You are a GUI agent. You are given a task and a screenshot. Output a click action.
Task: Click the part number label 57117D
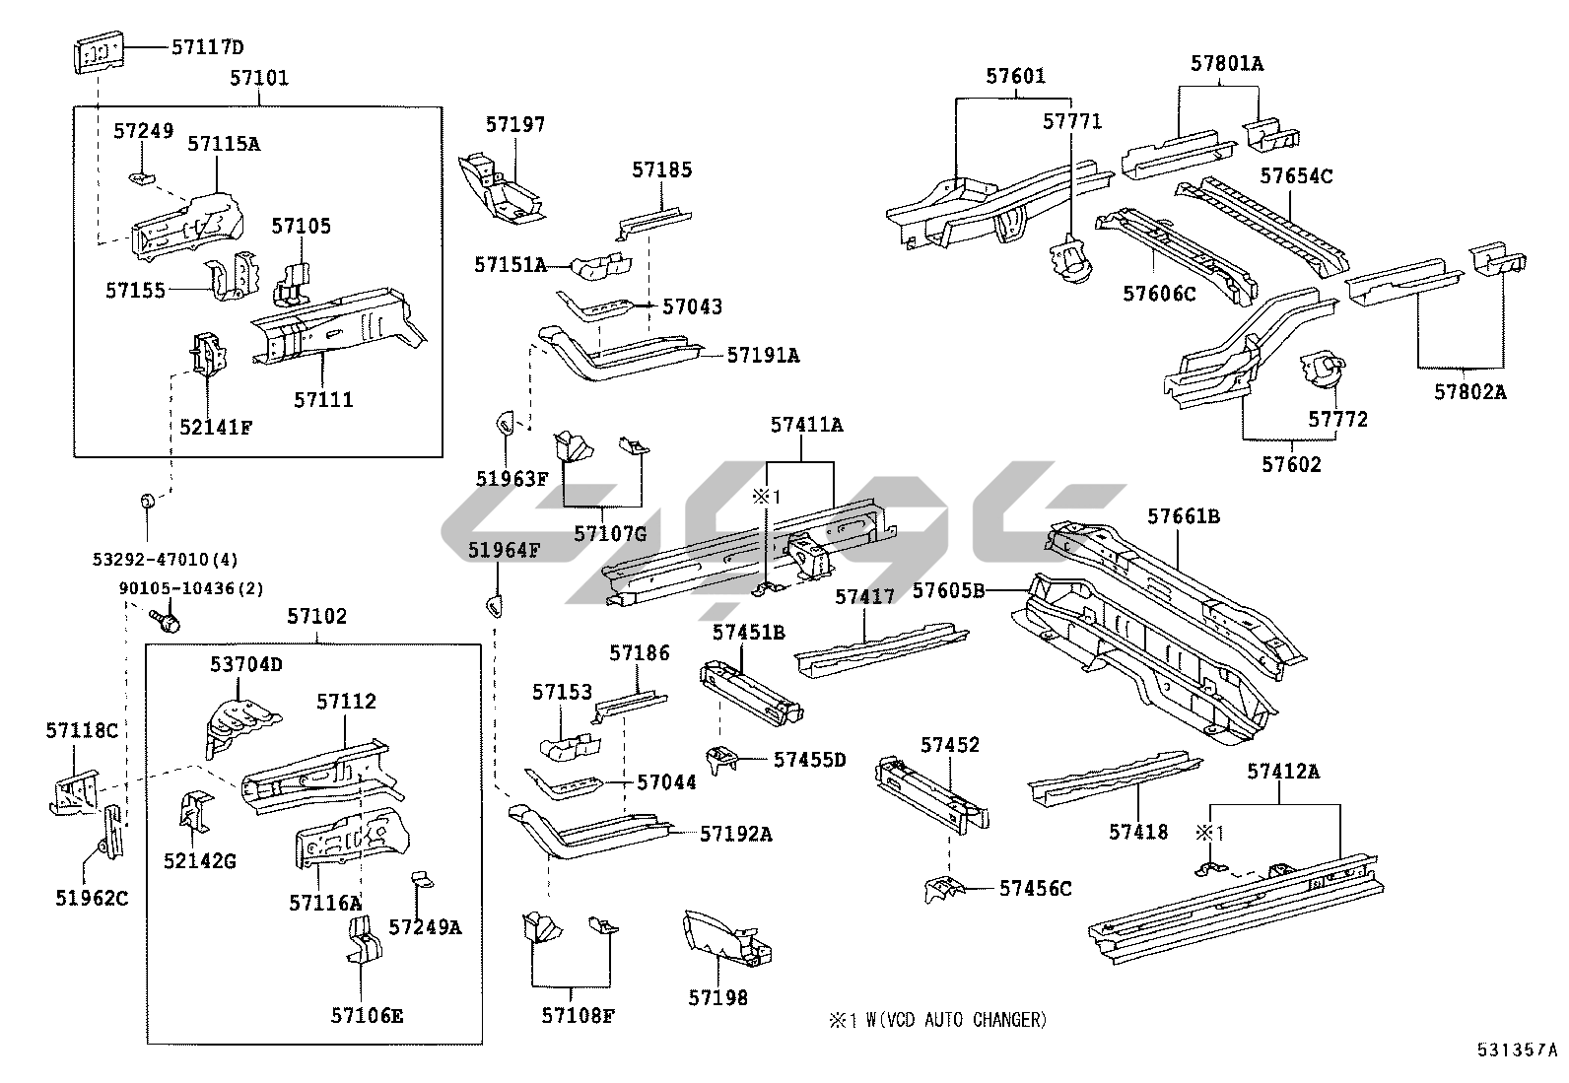[x=207, y=46]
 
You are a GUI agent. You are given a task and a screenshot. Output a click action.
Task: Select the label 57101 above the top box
[x=259, y=78]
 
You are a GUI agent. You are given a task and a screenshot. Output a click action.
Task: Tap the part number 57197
[x=514, y=124]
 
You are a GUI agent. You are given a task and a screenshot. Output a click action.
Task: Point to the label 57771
[x=1072, y=121]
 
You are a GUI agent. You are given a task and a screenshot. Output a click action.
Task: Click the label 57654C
[x=1297, y=176]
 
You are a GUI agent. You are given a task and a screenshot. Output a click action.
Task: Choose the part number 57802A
[x=1469, y=391]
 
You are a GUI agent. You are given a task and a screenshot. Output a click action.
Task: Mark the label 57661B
[x=1184, y=516]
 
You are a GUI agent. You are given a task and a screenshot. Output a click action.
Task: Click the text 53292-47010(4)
[x=166, y=559]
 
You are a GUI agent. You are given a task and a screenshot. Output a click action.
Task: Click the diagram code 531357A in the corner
[x=1517, y=1049]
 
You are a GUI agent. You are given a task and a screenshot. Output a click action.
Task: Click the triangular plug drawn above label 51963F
[x=504, y=425]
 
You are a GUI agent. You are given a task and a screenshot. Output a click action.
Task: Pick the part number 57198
[x=717, y=998]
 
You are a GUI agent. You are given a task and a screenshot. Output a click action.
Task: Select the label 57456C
[x=1035, y=888]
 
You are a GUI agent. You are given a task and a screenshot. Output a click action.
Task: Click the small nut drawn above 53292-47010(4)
[x=145, y=503]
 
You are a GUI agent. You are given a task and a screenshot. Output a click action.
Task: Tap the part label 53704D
[x=245, y=664]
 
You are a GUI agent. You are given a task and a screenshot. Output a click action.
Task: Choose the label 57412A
[x=1281, y=772]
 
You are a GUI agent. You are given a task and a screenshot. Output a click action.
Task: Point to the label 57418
[x=1138, y=832]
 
